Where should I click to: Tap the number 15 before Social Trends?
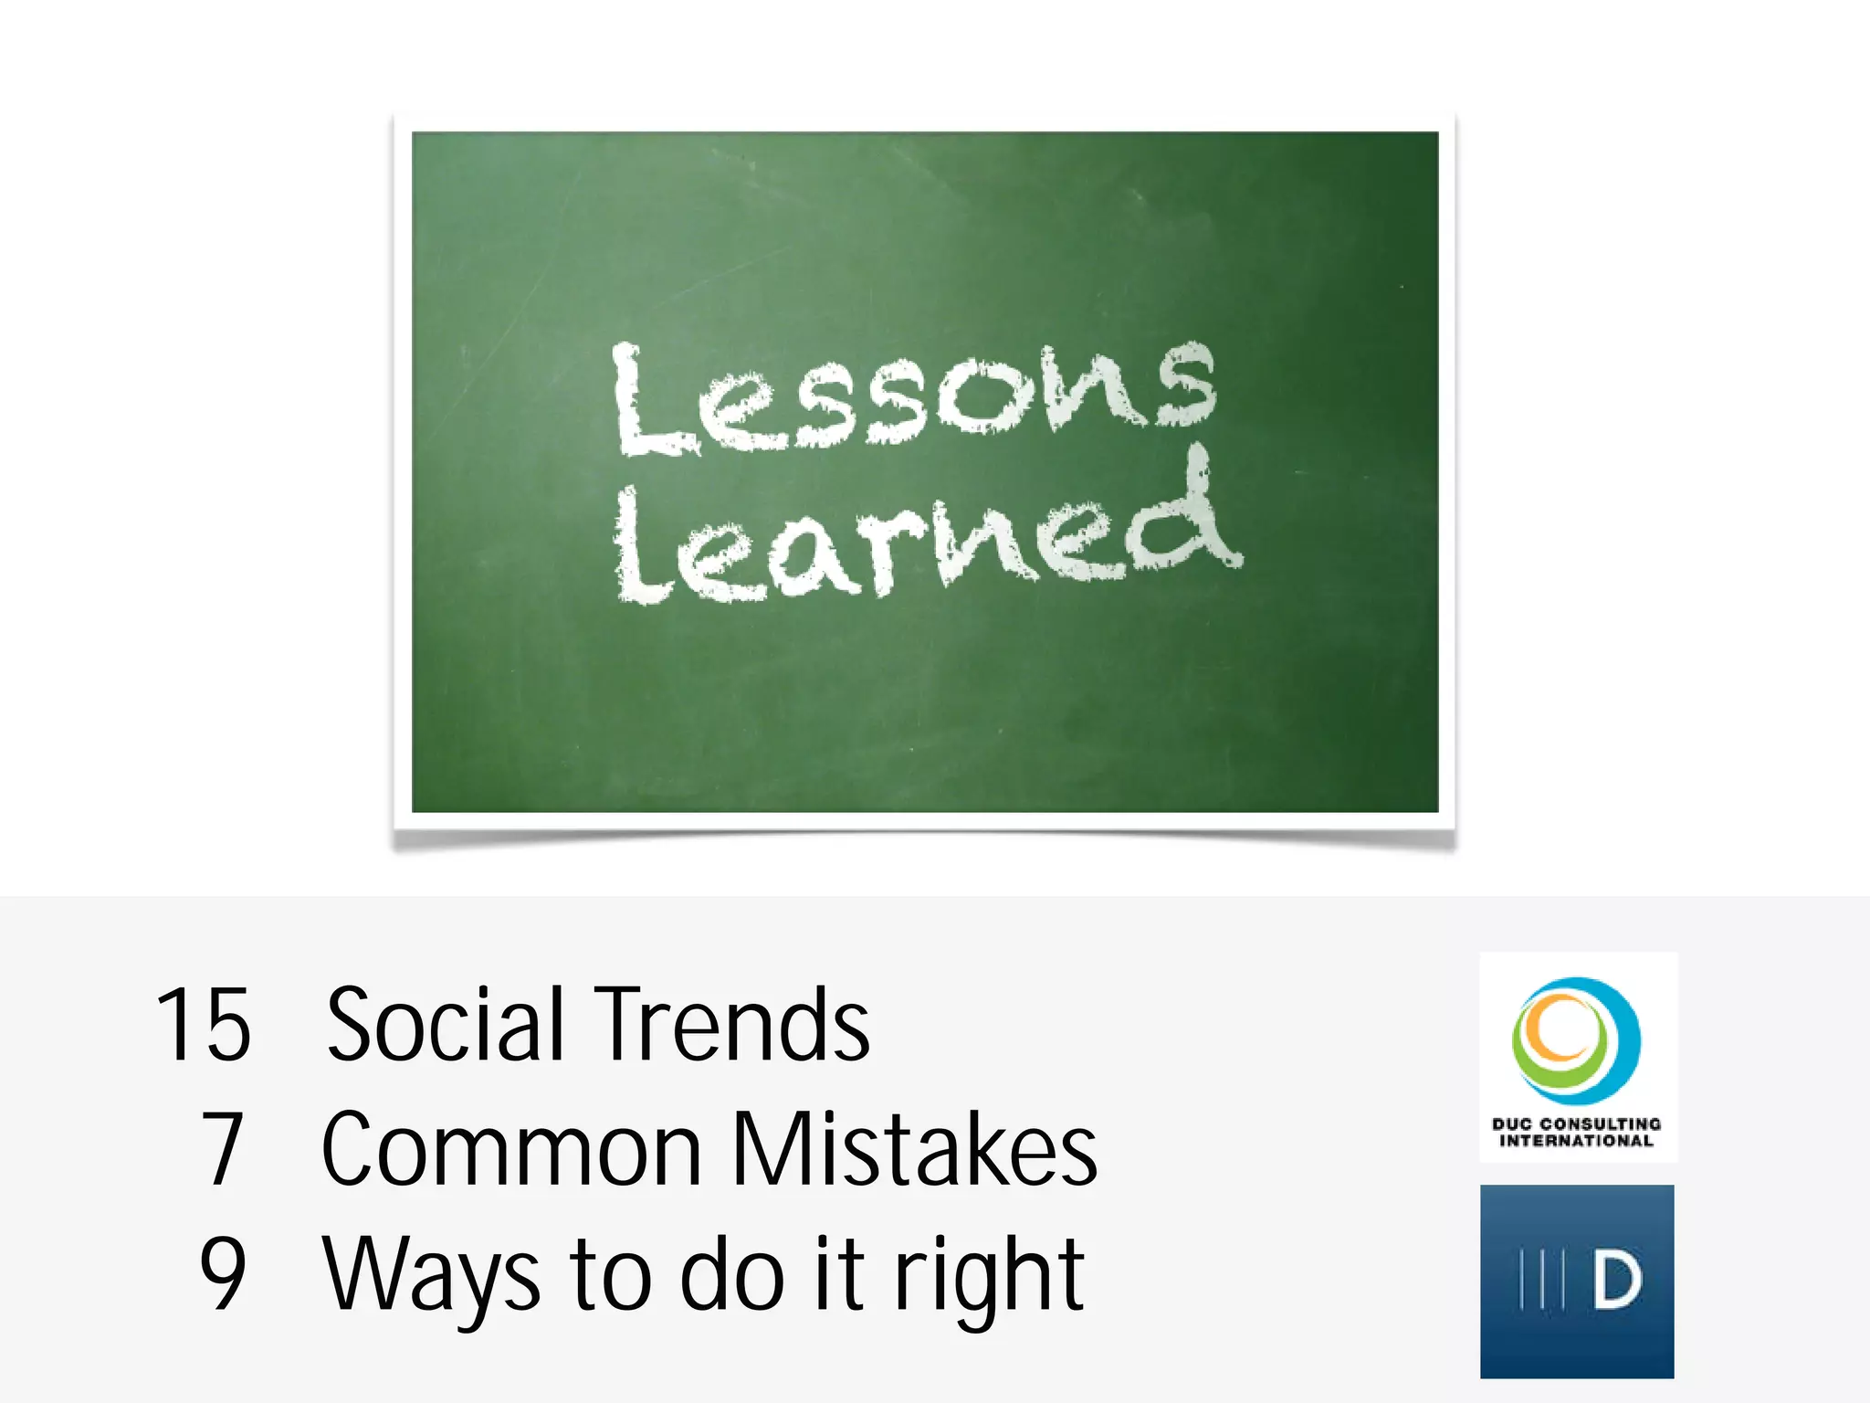click(x=203, y=1025)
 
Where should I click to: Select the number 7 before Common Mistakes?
click(x=223, y=1149)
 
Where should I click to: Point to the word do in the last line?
click(x=732, y=1274)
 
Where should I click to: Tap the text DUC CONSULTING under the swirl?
click(x=1577, y=1123)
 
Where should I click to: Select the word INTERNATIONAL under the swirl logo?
click(x=1577, y=1141)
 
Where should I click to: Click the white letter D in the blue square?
click(x=1617, y=1281)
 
